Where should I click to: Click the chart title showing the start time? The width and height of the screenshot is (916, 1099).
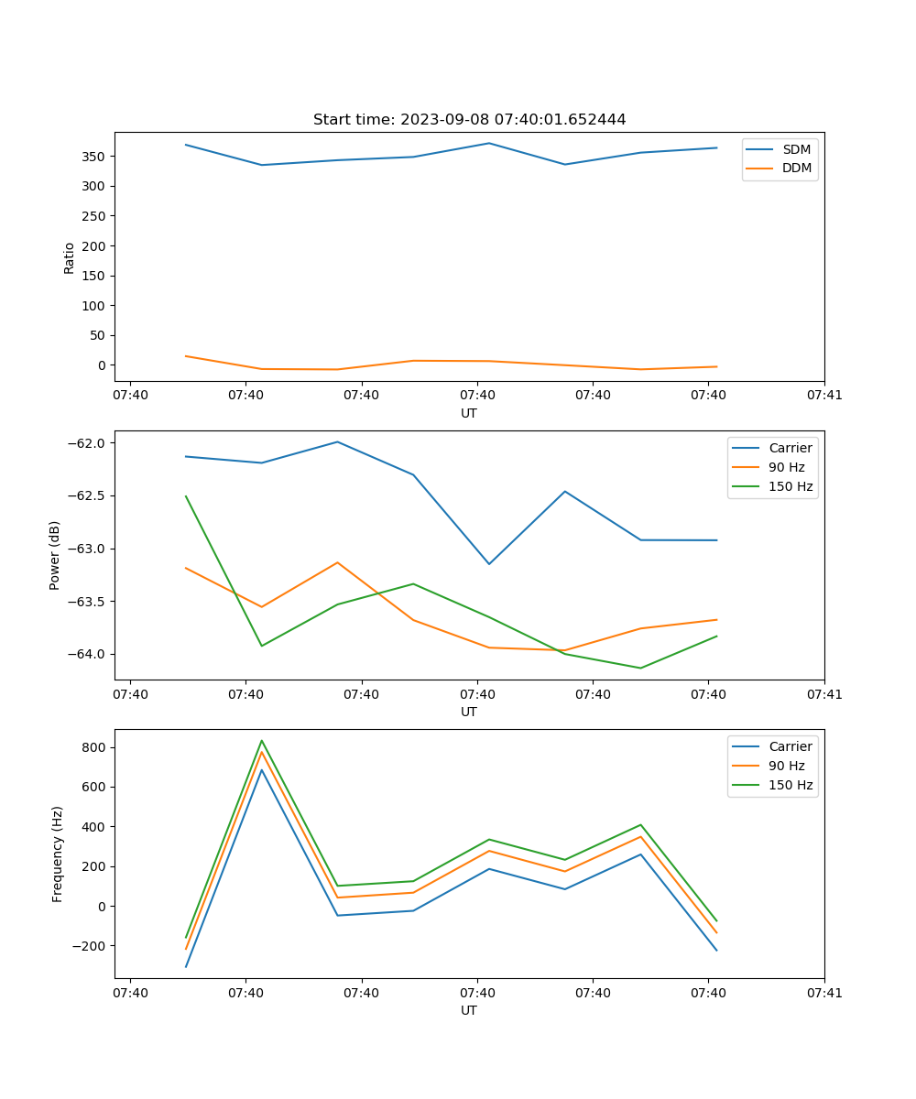pos(469,120)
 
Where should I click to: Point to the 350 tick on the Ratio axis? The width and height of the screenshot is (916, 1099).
pos(94,157)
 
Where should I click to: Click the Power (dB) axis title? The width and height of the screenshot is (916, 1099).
pos(55,555)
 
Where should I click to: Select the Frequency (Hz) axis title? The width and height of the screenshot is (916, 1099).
pos(58,854)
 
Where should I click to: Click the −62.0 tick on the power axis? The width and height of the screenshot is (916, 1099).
pos(87,443)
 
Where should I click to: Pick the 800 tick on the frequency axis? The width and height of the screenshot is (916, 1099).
pos(94,747)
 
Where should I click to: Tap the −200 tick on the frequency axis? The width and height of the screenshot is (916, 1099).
pos(89,946)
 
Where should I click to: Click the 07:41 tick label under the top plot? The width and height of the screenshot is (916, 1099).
pos(823,395)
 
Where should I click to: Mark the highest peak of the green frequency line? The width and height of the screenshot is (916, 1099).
pos(262,741)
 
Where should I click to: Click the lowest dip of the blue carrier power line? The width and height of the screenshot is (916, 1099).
pos(489,563)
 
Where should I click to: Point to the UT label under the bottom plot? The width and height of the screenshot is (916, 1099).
pos(469,1010)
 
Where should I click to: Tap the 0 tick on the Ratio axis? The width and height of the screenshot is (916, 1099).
pos(103,365)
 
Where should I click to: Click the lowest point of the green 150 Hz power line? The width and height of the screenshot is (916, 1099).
pos(640,668)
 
